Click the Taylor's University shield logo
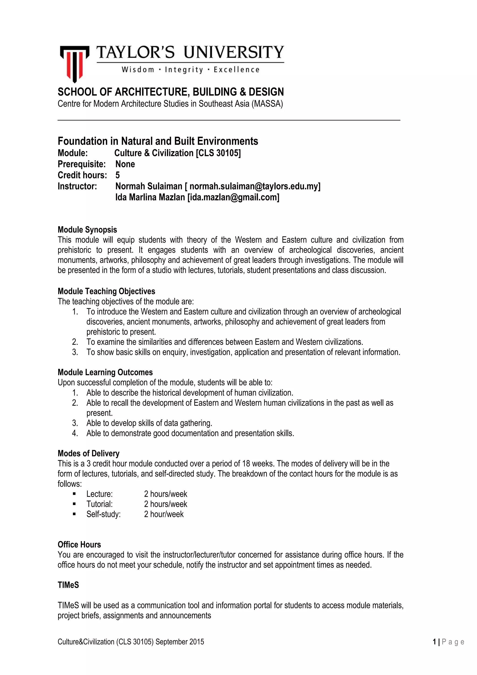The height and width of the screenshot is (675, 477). click(74, 63)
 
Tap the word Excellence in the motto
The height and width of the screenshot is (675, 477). click(236, 70)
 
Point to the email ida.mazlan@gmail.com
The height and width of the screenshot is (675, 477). click(234, 197)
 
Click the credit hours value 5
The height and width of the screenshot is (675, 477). click(117, 175)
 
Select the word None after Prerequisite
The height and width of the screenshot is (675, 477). click(125, 164)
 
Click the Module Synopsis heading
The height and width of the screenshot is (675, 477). click(87, 230)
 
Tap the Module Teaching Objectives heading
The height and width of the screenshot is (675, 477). click(106, 291)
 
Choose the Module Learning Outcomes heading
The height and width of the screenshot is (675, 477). click(105, 373)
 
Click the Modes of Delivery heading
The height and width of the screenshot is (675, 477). click(89, 454)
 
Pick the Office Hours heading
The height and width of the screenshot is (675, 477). click(79, 545)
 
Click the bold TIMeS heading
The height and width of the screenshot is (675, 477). click(68, 585)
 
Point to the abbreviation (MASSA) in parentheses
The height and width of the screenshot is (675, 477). click(267, 104)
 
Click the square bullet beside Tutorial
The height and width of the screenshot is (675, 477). click(74, 504)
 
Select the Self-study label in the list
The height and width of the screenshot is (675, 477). click(103, 514)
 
